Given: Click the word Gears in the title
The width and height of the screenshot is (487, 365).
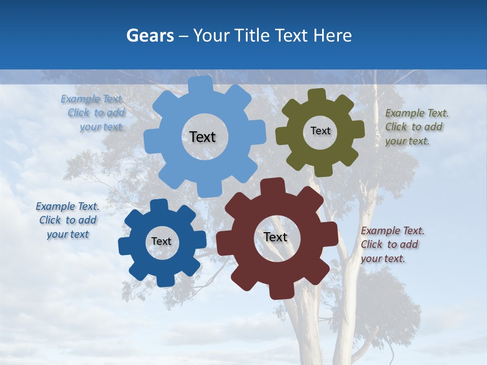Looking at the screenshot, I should pyautogui.click(x=150, y=36).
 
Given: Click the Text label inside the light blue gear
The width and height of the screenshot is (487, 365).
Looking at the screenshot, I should pyautogui.click(x=202, y=137).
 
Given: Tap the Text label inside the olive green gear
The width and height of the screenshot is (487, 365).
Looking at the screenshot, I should pyautogui.click(x=320, y=131).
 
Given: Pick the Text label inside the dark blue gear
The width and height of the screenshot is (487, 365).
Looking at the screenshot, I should pyautogui.click(x=161, y=241).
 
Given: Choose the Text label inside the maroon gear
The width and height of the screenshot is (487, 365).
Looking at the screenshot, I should pyautogui.click(x=275, y=237).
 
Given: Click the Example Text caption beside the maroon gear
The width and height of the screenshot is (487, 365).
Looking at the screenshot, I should pyautogui.click(x=392, y=244).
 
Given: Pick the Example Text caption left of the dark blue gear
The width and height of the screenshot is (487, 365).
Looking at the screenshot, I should pyautogui.click(x=67, y=220).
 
